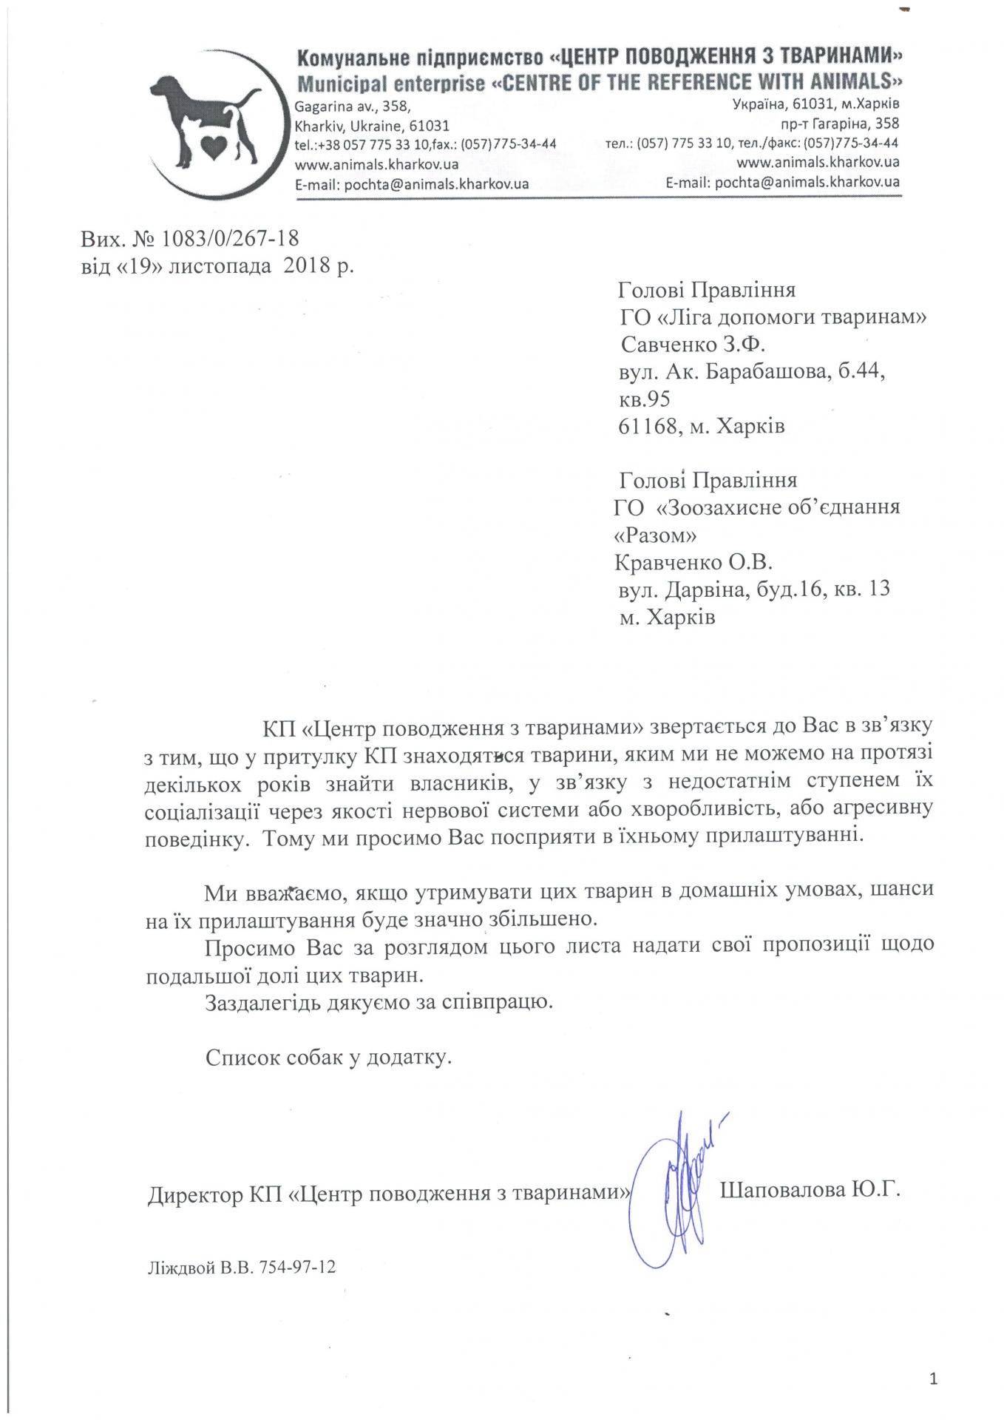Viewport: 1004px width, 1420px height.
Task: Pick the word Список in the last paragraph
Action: click(242, 1058)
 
